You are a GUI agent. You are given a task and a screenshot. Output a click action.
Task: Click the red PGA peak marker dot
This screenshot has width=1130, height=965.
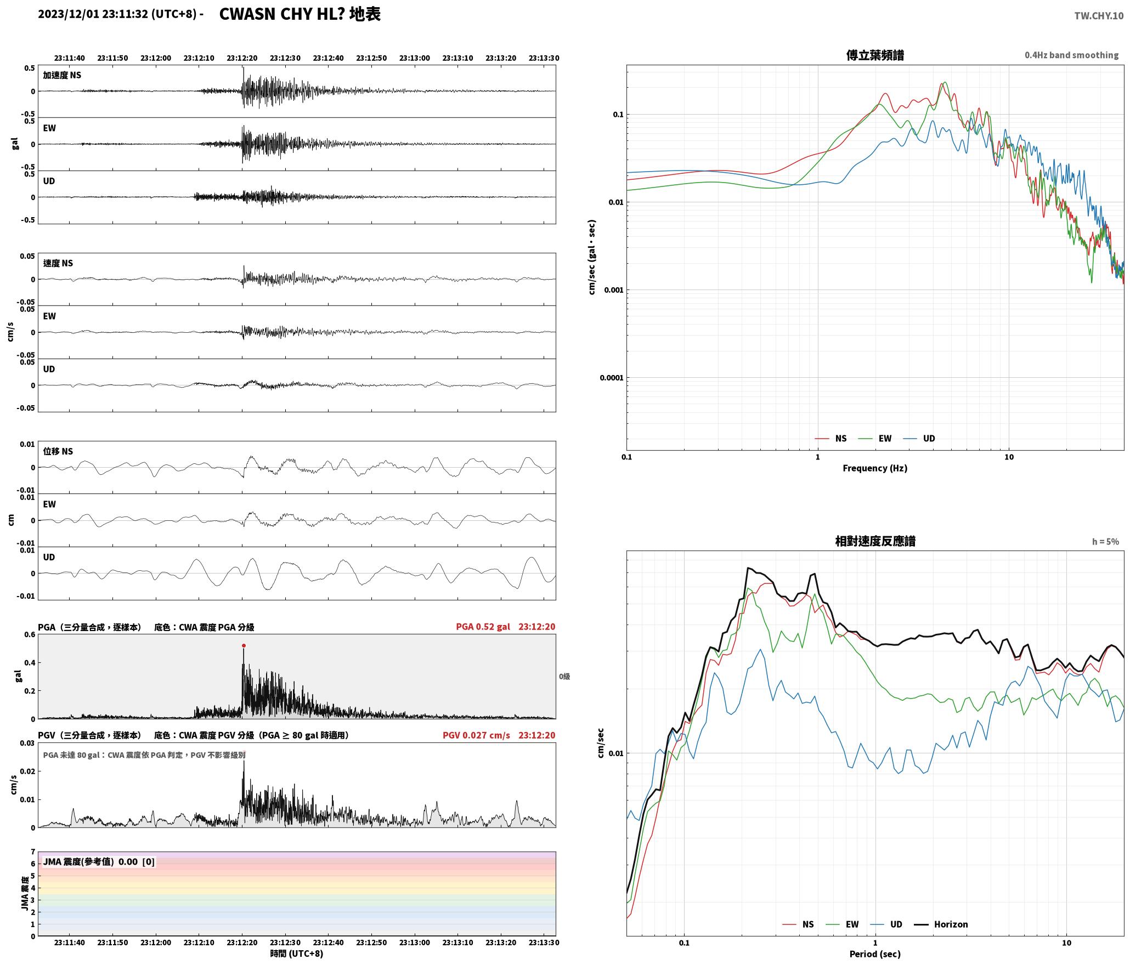tap(244, 645)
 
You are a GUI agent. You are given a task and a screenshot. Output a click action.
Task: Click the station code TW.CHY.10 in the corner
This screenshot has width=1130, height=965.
tap(1098, 16)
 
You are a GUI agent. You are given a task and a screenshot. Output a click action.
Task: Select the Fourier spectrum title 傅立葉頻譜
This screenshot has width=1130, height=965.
tap(875, 55)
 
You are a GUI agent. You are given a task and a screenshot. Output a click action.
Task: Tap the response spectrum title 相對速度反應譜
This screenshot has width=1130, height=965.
tap(875, 541)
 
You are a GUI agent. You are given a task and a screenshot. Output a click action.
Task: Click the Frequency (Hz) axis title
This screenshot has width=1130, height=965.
tap(875, 468)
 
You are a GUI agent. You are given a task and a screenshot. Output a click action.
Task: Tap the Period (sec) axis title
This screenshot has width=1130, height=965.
tap(875, 954)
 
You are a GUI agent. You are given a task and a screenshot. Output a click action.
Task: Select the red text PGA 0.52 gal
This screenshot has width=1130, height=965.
tap(483, 627)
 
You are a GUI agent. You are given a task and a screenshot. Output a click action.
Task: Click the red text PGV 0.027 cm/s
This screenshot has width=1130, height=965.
tap(476, 735)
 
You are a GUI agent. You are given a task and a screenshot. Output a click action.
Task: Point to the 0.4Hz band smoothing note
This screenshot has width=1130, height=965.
tap(1071, 55)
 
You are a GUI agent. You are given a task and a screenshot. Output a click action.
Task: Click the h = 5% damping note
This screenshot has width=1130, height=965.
tap(1105, 542)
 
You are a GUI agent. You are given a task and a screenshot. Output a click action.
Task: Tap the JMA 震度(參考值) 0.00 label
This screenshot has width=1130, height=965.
tap(91, 862)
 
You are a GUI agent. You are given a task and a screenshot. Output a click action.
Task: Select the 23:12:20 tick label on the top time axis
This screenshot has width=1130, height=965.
tap(242, 58)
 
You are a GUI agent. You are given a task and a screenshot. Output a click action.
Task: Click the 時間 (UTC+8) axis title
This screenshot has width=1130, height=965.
tap(297, 954)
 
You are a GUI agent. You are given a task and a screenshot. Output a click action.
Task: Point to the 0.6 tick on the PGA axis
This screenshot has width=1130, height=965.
tap(29, 635)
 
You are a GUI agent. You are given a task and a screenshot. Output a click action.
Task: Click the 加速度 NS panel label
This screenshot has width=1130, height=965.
tap(62, 75)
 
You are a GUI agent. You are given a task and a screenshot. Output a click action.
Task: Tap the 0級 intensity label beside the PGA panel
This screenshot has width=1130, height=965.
tap(564, 677)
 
